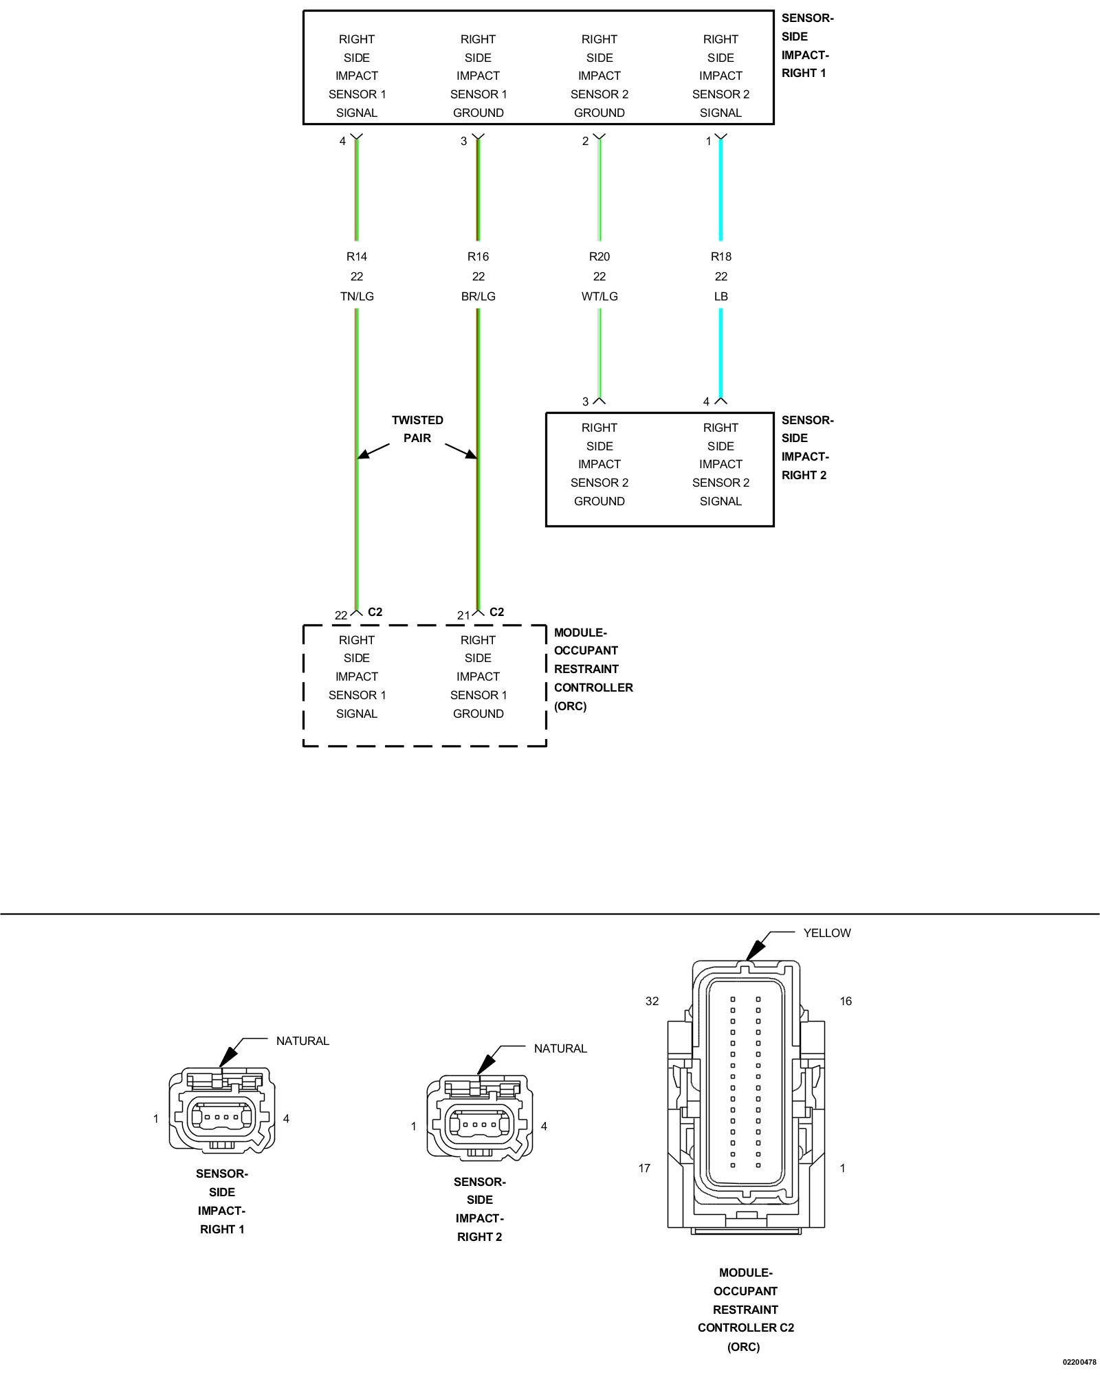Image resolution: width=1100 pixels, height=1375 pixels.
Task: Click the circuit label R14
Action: pos(356,256)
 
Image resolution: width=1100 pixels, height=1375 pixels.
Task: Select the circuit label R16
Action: pos(478,256)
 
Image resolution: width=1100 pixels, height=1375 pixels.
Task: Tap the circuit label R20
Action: pos(599,256)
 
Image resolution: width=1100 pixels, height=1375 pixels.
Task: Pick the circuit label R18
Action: pos(720,256)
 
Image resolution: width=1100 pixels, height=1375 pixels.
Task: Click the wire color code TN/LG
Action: pos(356,296)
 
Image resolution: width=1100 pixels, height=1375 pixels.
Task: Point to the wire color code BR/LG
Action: pos(478,296)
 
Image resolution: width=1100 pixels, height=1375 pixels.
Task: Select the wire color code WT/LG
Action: pos(599,296)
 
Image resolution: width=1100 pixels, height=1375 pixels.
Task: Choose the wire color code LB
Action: pos(720,296)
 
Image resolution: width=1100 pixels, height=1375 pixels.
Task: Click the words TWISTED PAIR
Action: pos(417,429)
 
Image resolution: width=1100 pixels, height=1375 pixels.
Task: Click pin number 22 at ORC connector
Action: pos(341,615)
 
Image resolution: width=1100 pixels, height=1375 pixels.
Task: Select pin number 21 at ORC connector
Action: pos(463,615)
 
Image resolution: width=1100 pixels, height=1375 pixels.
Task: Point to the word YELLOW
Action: pos(827,933)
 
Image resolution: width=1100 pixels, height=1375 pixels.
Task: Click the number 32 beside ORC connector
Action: pos(652,1001)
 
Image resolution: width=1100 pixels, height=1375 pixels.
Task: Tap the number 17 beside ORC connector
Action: pos(644,1168)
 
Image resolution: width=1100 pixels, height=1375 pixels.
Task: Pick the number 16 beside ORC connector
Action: pos(846,1001)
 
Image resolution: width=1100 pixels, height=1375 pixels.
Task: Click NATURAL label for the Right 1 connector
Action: pos(302,1041)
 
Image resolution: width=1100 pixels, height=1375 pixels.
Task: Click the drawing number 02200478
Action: pos(1079,1362)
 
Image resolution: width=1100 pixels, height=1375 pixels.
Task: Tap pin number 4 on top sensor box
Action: pos(342,141)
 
